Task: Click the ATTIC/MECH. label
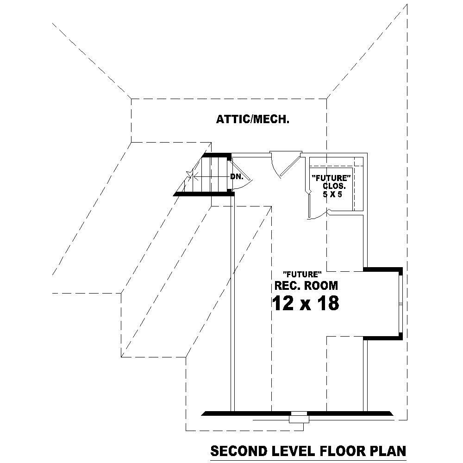pyautogui.click(x=253, y=120)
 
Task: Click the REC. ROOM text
pyautogui.click(x=306, y=285)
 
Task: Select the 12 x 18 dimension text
pyautogui.click(x=305, y=304)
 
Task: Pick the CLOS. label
pyautogui.click(x=334, y=186)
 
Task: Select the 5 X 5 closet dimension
pyautogui.click(x=332, y=194)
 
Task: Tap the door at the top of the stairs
pyautogui.click(x=240, y=176)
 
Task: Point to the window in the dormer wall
pyautogui.click(x=400, y=304)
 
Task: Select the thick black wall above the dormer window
pyautogui.click(x=383, y=269)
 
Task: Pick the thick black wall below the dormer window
pyautogui.click(x=383, y=338)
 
